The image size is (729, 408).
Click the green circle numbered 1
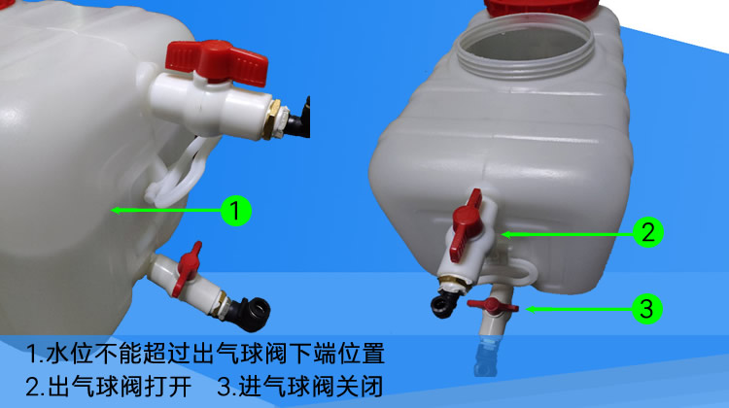tap(237, 208)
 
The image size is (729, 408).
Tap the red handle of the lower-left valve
tap(190, 258)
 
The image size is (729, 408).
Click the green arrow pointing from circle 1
tap(165, 208)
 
